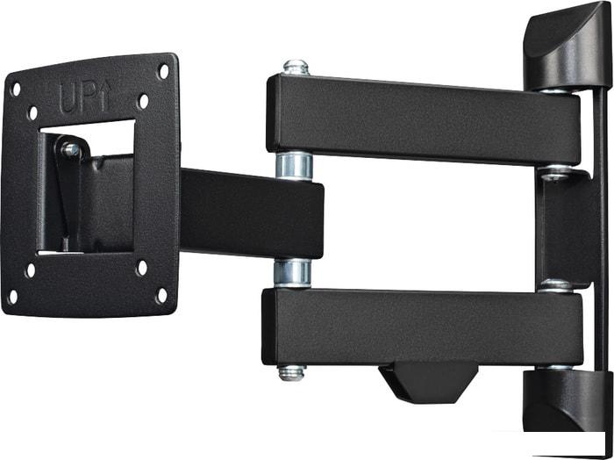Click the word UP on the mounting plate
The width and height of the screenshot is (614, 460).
pyautogui.click(x=79, y=98)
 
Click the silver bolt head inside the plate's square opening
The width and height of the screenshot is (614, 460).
pyautogui.click(x=70, y=149)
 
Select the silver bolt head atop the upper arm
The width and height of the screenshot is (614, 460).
pyautogui.click(x=296, y=68)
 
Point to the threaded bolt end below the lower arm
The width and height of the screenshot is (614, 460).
pyautogui.click(x=292, y=372)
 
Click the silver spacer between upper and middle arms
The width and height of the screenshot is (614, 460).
pyautogui.click(x=294, y=167)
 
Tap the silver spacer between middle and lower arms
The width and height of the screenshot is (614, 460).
pyautogui.click(x=292, y=273)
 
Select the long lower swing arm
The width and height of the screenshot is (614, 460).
pyautogui.click(x=422, y=327)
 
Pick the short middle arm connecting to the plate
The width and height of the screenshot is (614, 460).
pyautogui.click(x=252, y=213)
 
